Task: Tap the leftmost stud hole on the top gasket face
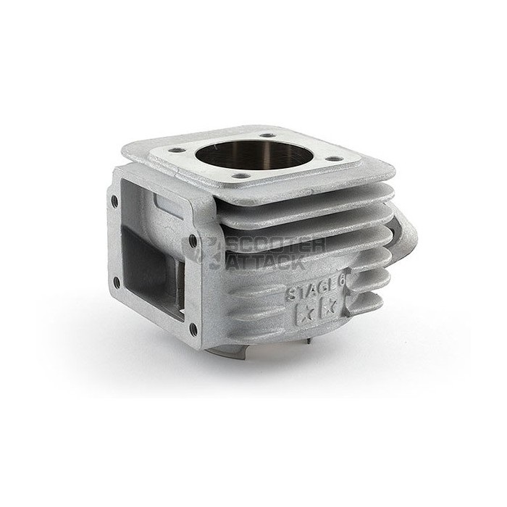[177, 151]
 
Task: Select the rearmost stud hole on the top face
[267, 135]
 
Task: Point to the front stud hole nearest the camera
[241, 176]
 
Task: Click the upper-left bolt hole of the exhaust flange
[114, 201]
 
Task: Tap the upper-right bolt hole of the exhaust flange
[193, 241]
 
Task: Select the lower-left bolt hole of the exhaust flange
[117, 282]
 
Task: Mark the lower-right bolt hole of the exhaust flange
[193, 329]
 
